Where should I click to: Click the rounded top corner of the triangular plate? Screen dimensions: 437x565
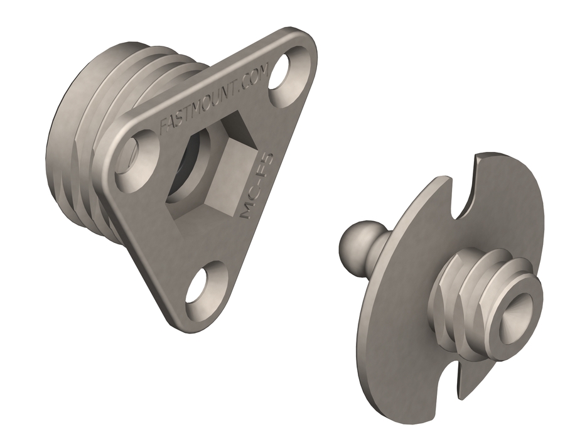click(301, 38)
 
